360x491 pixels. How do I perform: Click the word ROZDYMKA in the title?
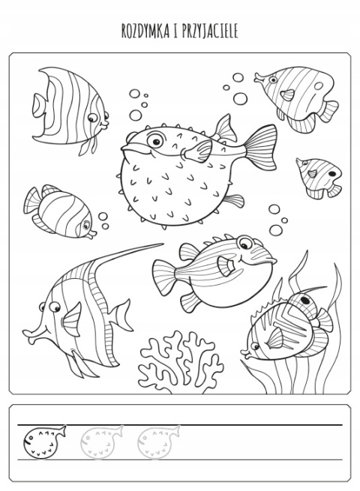(145, 31)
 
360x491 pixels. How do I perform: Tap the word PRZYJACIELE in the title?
(210, 31)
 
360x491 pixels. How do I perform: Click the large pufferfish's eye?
(155, 140)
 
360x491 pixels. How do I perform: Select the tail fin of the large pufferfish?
(261, 147)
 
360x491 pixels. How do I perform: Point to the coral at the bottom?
(181, 361)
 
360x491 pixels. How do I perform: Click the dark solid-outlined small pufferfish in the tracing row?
(43, 442)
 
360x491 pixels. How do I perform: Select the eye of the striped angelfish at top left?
(92, 118)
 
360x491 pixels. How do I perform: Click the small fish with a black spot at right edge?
(319, 178)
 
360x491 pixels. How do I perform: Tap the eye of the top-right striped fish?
(273, 80)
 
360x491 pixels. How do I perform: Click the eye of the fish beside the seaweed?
(255, 346)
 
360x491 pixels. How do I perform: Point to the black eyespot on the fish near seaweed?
(304, 300)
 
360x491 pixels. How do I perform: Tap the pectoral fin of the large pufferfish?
(198, 151)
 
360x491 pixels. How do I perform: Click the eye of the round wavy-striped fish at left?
(85, 225)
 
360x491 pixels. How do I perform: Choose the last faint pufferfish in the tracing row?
(158, 442)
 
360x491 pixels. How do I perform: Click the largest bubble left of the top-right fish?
(240, 99)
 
